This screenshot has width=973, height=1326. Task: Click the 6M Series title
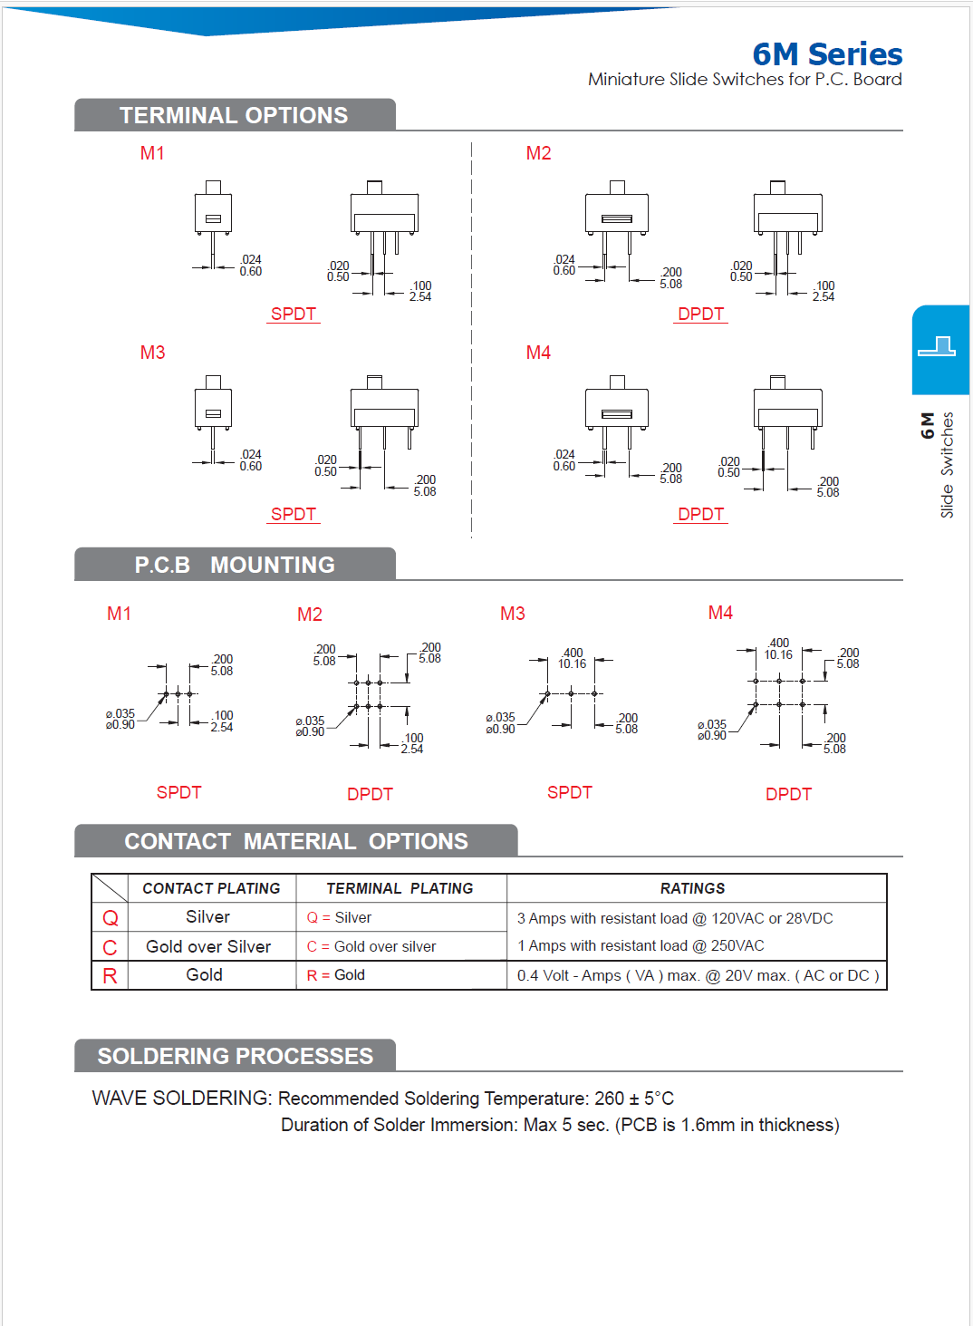coord(826,54)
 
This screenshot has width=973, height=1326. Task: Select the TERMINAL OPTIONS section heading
coord(234,115)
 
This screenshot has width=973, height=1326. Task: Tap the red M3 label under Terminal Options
coord(152,353)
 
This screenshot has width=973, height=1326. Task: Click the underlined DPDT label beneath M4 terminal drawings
coord(700,514)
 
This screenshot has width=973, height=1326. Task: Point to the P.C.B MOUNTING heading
coord(235,565)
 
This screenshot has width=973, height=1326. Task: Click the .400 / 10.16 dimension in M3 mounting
coord(572,658)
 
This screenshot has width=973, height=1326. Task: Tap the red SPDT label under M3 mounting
coord(569,792)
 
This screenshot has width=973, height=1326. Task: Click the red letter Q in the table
coord(111,918)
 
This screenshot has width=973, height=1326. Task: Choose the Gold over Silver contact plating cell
coord(208,946)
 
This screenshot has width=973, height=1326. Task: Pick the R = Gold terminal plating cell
coord(336,975)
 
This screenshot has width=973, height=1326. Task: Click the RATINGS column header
coord(692,888)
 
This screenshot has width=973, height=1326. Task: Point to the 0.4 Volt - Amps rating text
coord(697,975)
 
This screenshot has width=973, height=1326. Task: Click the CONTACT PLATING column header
coord(211,888)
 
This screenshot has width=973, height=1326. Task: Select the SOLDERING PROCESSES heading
coord(235,1056)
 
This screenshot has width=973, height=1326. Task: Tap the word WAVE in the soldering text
coord(120,1099)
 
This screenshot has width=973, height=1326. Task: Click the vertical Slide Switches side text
coord(947,465)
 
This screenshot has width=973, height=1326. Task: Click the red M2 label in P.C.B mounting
coord(310,615)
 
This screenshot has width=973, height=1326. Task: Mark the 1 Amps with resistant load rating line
coord(641,945)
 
